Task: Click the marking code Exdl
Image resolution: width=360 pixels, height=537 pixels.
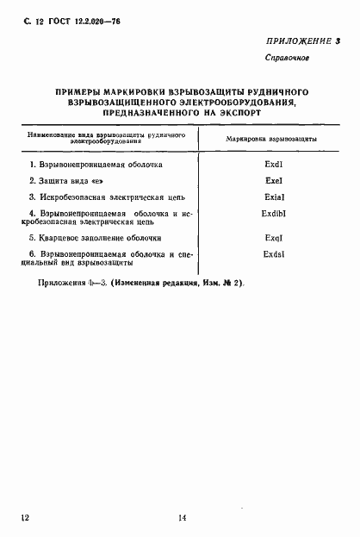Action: click(x=274, y=163)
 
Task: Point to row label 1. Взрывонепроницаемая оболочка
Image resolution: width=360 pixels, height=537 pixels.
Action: click(x=101, y=163)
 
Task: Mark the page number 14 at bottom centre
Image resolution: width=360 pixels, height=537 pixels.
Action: click(x=182, y=517)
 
